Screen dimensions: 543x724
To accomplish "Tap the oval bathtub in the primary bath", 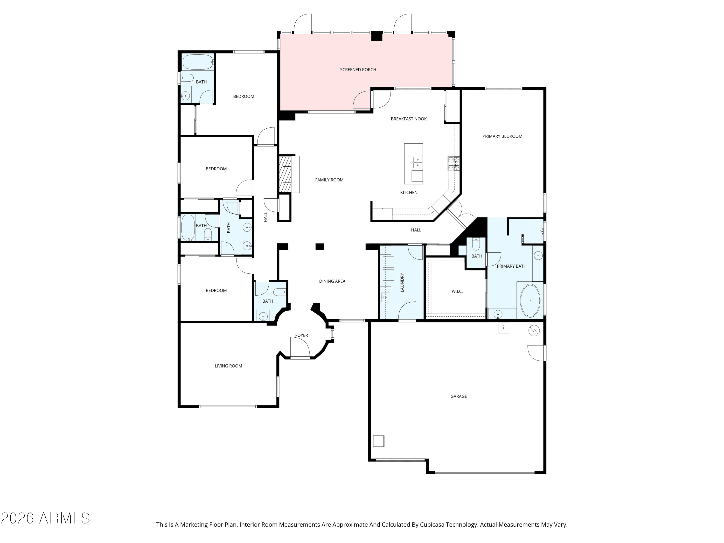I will (530, 300).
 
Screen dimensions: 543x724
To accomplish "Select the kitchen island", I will (413, 164).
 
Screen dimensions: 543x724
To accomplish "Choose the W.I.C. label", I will (457, 291).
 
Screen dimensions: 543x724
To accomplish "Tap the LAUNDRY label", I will (402, 282).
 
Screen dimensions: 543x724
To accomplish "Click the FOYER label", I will (301, 335).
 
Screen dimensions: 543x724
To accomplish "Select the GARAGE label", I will (459, 396).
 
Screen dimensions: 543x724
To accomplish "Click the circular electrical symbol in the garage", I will (534, 331).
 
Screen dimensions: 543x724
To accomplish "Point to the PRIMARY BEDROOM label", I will (502, 136).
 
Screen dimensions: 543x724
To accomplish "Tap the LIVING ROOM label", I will (228, 366).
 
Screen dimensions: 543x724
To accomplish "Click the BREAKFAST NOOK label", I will (409, 119).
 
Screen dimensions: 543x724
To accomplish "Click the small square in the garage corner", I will (379, 441).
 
